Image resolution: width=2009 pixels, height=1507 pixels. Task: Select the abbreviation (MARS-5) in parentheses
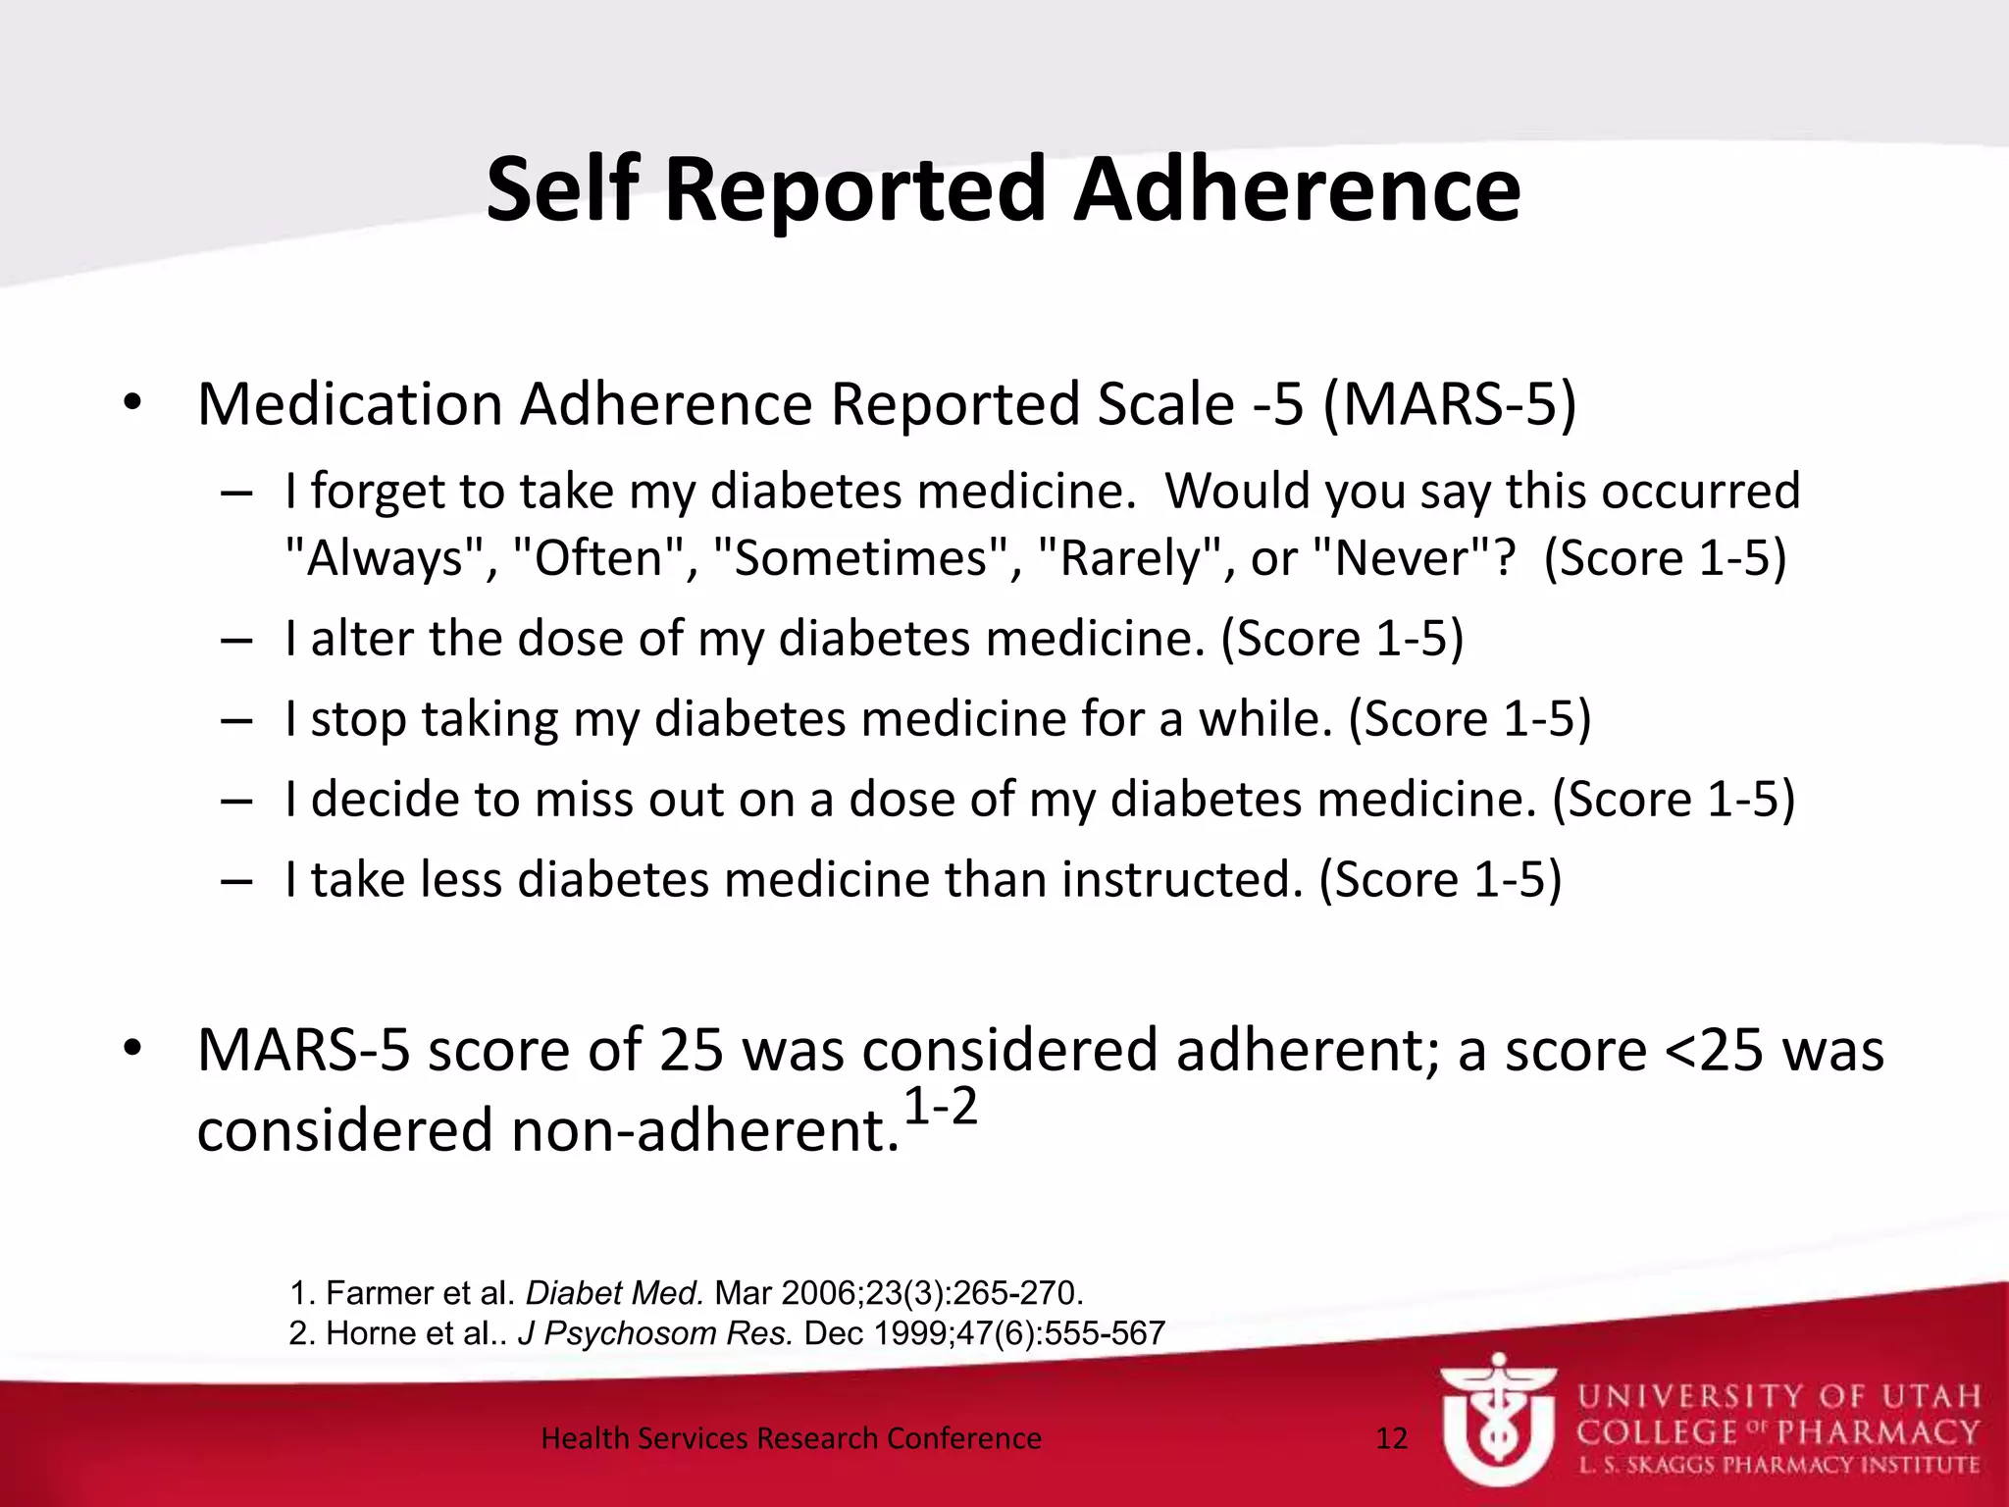pyautogui.click(x=1450, y=403)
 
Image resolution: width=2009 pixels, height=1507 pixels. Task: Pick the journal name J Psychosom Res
pyautogui.click(x=654, y=1333)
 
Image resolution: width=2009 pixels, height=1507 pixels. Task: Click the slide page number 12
pyautogui.click(x=1392, y=1438)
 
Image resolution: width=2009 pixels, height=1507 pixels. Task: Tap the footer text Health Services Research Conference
pyautogui.click(x=791, y=1438)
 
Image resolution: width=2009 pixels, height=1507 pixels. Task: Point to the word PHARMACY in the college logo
pyautogui.click(x=1878, y=1432)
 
